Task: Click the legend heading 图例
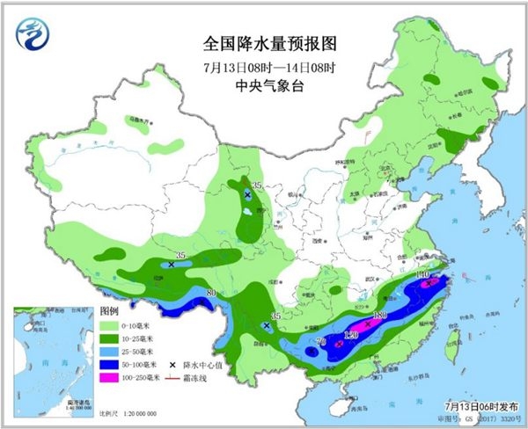point(108,311)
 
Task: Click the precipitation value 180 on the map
point(380,315)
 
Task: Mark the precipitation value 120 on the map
point(351,335)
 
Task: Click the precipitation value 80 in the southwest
point(210,293)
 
